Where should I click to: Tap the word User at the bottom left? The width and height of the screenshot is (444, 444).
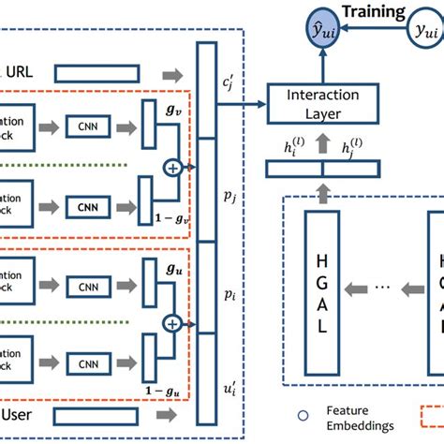[x=20, y=413]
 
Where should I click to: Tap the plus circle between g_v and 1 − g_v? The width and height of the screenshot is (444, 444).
[x=172, y=168]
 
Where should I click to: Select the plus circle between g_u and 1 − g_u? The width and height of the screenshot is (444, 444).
[x=172, y=323]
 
